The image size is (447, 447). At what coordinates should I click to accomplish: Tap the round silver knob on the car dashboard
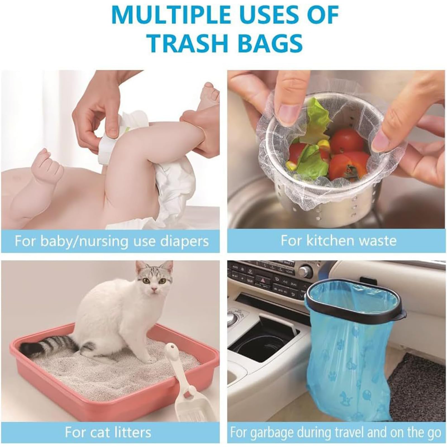(305, 271)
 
